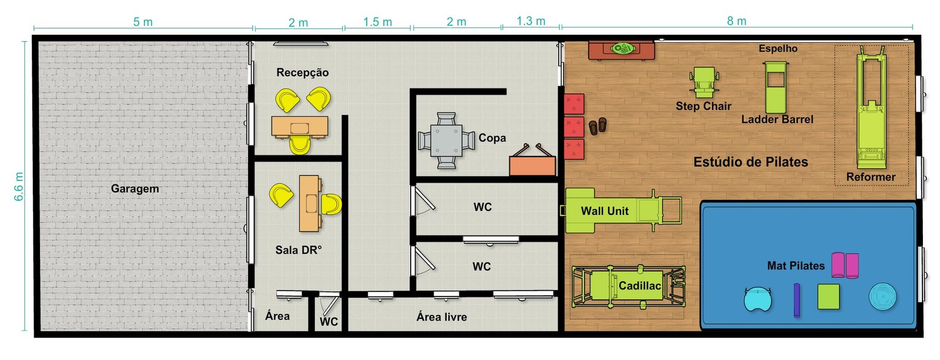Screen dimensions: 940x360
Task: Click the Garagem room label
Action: (135, 189)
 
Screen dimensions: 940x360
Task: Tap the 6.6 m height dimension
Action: (19, 186)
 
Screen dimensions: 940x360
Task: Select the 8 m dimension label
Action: (737, 21)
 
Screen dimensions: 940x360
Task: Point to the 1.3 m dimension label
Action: (531, 21)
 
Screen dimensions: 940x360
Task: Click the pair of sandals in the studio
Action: (597, 126)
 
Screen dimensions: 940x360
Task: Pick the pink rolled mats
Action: (845, 265)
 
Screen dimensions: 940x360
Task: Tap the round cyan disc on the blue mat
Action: (882, 297)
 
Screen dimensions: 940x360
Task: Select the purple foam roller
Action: (797, 300)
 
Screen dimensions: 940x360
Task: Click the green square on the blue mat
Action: (828, 297)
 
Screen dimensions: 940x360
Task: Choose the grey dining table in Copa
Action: (446, 140)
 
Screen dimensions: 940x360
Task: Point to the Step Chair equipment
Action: (703, 83)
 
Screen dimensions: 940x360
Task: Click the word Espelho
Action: (778, 49)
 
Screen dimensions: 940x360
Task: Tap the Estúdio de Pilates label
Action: (750, 162)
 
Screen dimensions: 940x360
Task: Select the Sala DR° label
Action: (298, 250)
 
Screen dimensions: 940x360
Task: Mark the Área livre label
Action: (441, 317)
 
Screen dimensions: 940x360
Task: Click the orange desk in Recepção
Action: (300, 126)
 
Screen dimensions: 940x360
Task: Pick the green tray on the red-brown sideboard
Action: (622, 49)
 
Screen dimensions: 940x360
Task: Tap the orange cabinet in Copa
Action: (532, 166)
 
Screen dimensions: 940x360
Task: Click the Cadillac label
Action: (640, 286)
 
